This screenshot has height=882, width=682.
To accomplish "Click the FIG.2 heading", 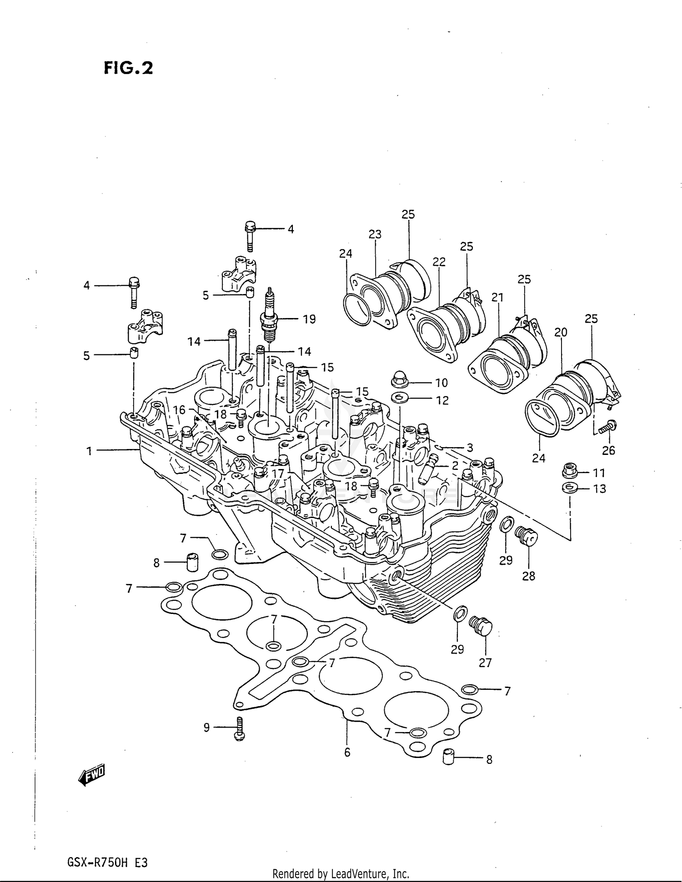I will click(128, 68).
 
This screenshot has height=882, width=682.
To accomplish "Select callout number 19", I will click(309, 319).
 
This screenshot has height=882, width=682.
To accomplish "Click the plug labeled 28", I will click(527, 537).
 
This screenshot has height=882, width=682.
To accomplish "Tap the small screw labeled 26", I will click(608, 427).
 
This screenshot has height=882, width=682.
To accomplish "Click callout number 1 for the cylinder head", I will click(89, 451).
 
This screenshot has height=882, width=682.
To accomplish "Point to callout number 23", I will click(375, 234).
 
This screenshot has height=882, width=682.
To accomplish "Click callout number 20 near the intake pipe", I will click(561, 333).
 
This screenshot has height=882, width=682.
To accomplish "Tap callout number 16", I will click(179, 410).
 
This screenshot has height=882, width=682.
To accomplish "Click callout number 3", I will click(470, 448).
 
